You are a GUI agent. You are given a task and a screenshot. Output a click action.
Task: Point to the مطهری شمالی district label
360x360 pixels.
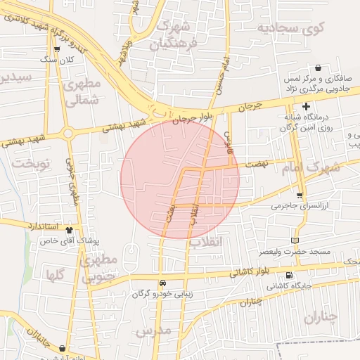[x=82, y=92]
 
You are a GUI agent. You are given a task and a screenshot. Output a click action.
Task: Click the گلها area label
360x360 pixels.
[x=56, y=275]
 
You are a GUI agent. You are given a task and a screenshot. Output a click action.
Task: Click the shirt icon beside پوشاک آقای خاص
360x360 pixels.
[x=69, y=229]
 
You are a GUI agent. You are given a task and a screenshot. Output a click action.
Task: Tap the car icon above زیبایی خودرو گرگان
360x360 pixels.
[x=162, y=283]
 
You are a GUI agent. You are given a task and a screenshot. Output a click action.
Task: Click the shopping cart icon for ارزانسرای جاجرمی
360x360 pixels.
[x=300, y=195]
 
